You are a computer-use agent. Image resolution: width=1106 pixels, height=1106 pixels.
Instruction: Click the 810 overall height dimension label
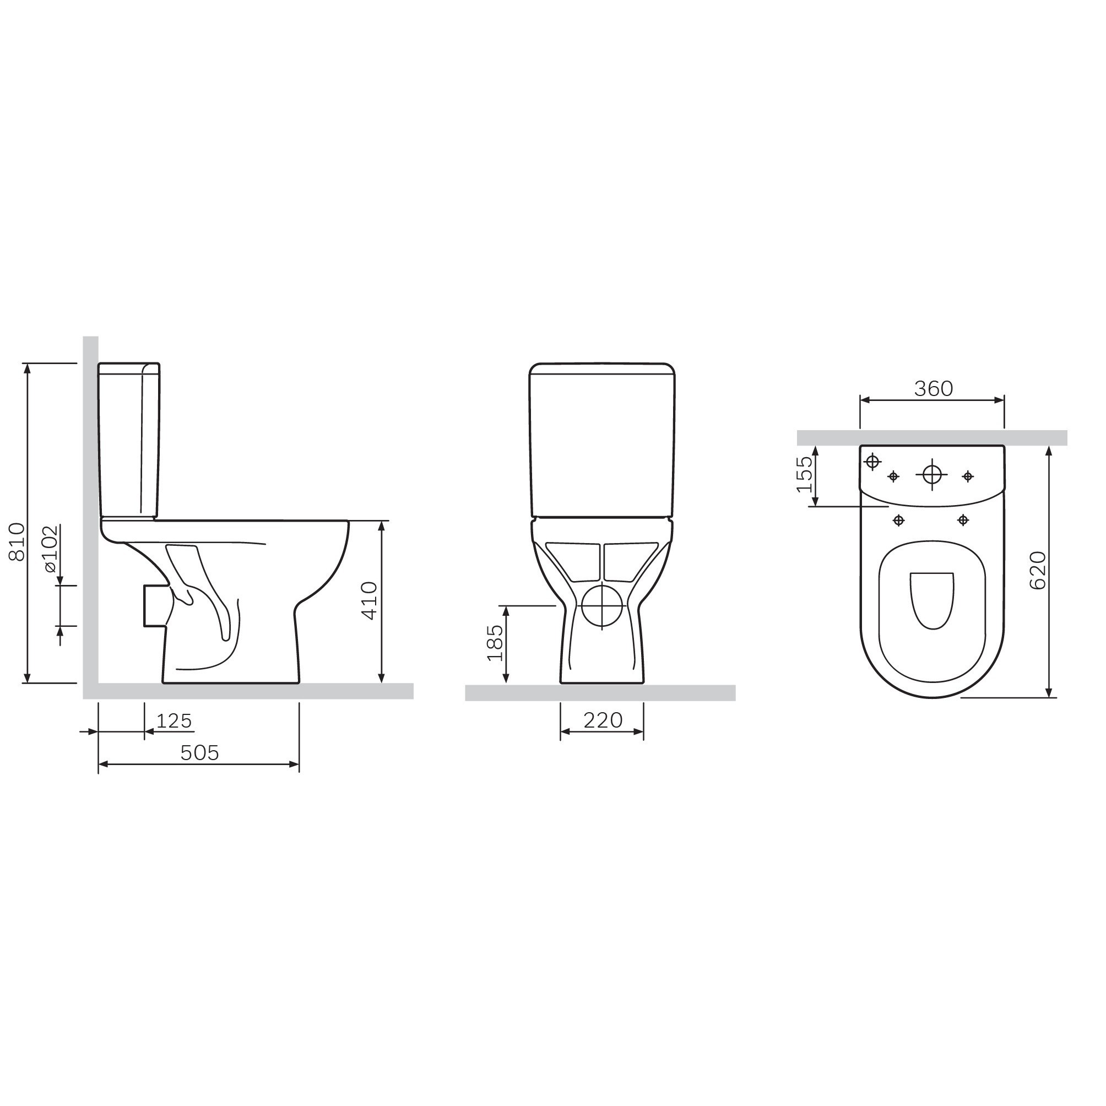18,541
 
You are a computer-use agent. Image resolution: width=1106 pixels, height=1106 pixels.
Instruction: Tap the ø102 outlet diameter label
50,548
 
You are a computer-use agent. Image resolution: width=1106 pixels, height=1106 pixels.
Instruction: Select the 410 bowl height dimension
370,600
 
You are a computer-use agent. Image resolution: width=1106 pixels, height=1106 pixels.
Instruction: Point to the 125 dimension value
174,721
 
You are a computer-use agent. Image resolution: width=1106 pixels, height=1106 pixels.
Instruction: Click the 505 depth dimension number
199,753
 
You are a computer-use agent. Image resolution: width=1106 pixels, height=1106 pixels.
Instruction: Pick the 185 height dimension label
494,642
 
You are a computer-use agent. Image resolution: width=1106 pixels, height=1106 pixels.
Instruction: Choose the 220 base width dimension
603,720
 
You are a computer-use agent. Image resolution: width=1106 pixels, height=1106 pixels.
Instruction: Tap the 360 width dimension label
933,389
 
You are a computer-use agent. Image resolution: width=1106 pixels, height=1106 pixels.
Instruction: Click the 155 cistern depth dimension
804,474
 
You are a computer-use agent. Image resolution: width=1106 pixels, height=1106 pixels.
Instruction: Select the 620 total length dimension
1037,570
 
